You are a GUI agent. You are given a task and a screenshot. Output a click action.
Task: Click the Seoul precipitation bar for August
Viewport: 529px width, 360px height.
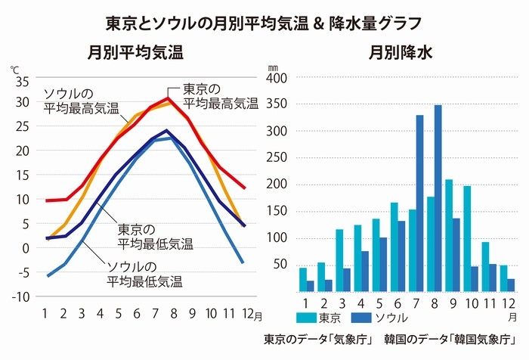point(438,197)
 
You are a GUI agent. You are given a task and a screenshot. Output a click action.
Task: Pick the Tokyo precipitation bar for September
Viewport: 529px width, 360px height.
point(448,234)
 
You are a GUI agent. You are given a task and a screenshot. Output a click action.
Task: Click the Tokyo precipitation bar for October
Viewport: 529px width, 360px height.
point(466,238)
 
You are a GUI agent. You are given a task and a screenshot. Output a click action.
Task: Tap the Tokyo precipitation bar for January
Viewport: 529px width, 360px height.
point(303,279)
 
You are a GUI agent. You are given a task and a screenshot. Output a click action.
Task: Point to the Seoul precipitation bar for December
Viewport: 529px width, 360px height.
point(511,284)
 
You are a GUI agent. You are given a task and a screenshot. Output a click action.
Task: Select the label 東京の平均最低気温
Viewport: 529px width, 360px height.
point(156,237)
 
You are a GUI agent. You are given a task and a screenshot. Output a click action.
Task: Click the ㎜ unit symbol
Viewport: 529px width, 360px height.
point(273,67)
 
